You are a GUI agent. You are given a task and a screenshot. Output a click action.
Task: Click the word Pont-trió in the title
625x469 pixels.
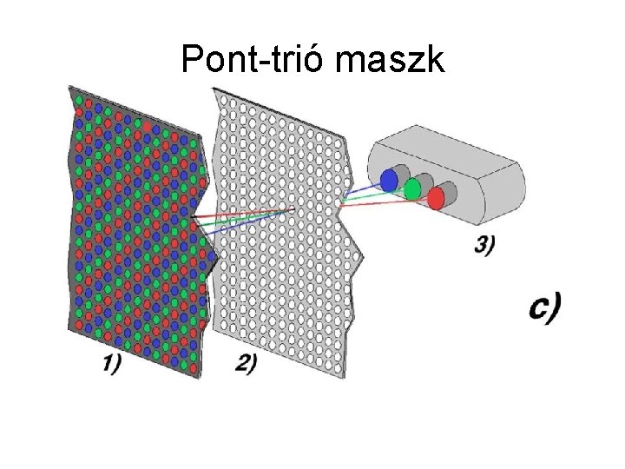[x=252, y=61]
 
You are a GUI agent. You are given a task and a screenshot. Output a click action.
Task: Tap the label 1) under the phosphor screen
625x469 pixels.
[x=110, y=365]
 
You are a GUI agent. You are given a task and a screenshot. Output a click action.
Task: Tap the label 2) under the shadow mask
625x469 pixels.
[x=246, y=365]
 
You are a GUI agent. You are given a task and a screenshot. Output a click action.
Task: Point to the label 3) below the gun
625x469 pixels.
[x=484, y=246]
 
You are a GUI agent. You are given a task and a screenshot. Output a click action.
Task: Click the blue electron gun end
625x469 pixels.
[x=390, y=178]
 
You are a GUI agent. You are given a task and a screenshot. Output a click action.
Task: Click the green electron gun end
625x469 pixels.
[x=413, y=188]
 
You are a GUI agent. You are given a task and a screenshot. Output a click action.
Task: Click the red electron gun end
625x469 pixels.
[x=436, y=198]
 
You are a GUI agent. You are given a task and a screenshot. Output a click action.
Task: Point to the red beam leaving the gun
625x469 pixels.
[x=382, y=201]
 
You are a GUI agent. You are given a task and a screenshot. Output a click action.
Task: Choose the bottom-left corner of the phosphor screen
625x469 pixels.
[x=70, y=331]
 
